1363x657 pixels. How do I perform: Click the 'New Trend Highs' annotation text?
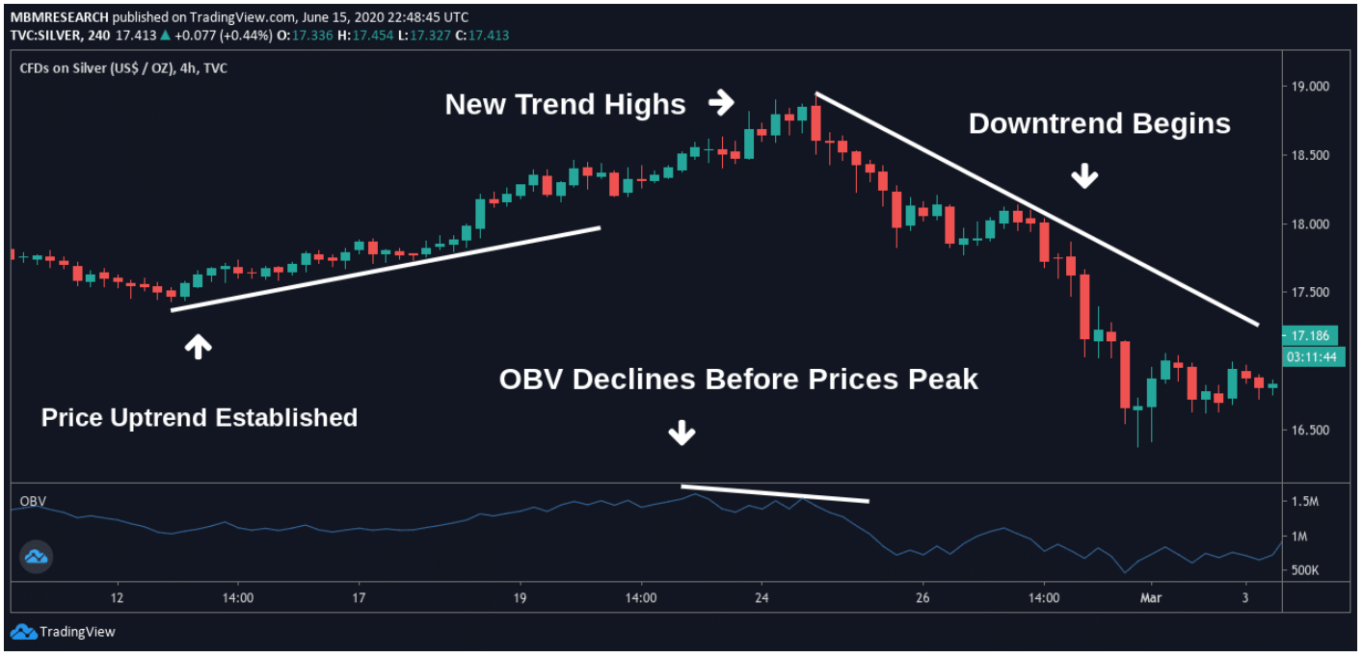click(565, 104)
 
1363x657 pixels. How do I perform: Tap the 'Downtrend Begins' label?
click(1099, 124)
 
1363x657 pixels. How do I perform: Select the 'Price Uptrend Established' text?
click(200, 417)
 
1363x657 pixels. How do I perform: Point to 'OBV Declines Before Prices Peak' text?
click(738, 380)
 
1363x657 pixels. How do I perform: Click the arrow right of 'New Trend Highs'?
click(720, 101)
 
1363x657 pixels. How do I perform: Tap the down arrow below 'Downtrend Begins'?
click(1086, 175)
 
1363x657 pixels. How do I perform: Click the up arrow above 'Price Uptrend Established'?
click(198, 347)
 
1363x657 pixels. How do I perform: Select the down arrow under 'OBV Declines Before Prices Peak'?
click(681, 434)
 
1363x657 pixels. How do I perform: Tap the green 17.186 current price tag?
click(1309, 336)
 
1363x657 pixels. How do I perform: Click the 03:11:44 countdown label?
click(1309, 356)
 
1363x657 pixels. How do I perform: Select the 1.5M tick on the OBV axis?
click(1305, 502)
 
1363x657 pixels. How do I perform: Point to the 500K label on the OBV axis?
click(1304, 570)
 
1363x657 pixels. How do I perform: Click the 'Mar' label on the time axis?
click(1152, 597)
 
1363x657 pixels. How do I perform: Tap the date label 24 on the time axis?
click(762, 597)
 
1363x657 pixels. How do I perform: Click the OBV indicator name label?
click(33, 501)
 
